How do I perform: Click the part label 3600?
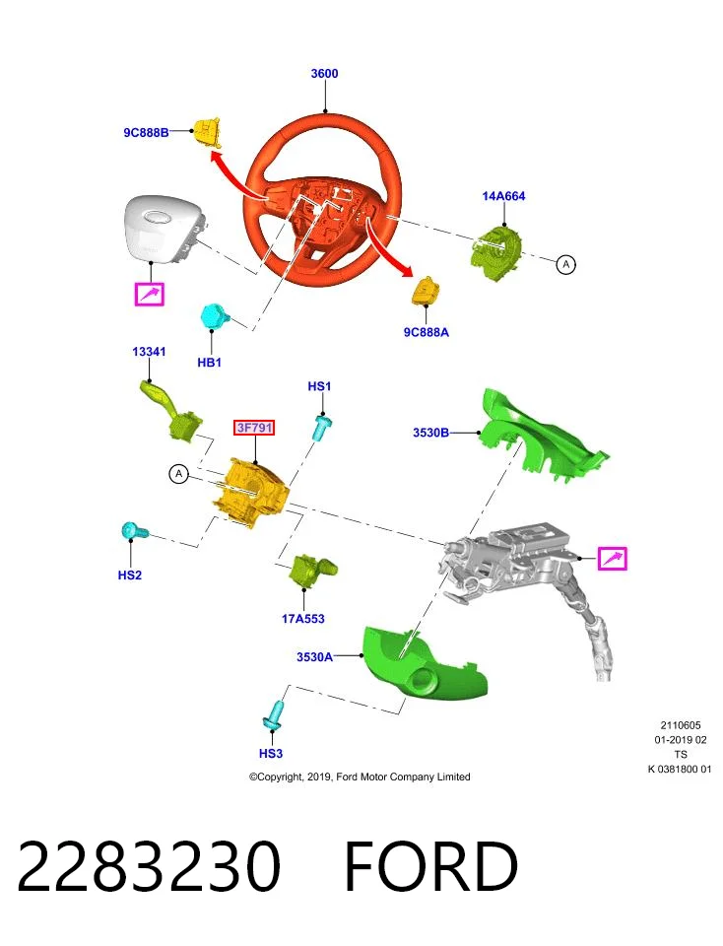click(x=324, y=74)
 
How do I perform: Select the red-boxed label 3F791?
click(x=254, y=428)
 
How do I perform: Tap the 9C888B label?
click(x=146, y=133)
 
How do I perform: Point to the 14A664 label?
click(x=503, y=196)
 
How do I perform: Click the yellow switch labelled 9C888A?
click(x=426, y=292)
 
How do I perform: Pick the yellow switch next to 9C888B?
click(x=206, y=133)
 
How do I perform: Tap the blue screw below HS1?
click(x=321, y=427)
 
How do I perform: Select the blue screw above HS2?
click(x=135, y=531)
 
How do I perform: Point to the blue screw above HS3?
click(x=275, y=715)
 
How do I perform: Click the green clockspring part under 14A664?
click(x=496, y=249)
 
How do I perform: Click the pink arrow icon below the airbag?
click(x=149, y=295)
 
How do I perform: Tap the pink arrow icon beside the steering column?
click(x=612, y=558)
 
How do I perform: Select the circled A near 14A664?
click(x=565, y=264)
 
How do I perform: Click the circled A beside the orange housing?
click(x=178, y=474)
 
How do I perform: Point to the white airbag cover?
click(x=161, y=230)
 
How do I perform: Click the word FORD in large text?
click(x=430, y=866)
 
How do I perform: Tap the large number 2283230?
click(x=149, y=866)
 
